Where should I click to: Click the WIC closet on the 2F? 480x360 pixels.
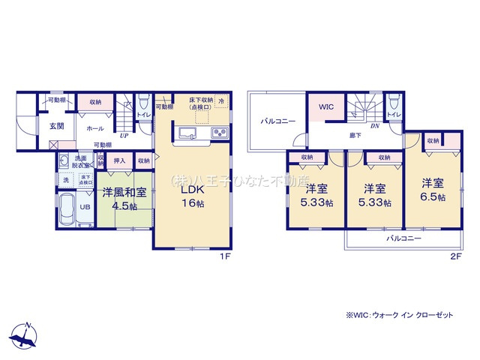point(325,108)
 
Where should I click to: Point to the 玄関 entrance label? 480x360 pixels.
point(57,125)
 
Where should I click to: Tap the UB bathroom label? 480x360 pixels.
point(85,208)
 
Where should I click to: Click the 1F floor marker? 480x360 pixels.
point(223,256)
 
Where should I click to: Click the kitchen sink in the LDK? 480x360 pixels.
point(187,134)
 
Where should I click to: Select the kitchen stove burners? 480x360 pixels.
point(220,134)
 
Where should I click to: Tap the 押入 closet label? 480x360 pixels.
point(118,160)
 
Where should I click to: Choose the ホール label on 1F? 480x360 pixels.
point(95,128)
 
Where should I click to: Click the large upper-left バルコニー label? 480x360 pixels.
point(277,121)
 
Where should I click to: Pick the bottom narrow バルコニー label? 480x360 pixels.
point(403,238)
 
